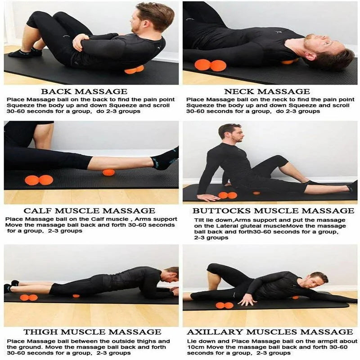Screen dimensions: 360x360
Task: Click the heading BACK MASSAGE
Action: coord(84,91)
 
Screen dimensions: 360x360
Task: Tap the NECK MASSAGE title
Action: coord(267,91)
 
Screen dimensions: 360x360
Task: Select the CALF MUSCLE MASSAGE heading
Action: coord(89,211)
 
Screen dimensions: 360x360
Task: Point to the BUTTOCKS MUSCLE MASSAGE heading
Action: coord(273,211)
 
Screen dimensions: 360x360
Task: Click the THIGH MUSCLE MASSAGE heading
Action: coord(92,332)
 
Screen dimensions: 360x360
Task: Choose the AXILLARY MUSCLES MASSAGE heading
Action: coord(270,332)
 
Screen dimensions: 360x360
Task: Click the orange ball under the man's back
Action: coord(134,70)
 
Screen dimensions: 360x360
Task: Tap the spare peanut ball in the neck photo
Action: coord(210,65)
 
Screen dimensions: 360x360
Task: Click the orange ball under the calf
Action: coord(108,173)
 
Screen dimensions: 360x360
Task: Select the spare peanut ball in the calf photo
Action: coord(39,180)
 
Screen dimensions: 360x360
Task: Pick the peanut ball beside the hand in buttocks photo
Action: coord(228,195)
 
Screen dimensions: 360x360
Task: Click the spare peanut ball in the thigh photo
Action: coord(29,297)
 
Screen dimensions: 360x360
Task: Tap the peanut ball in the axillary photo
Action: coord(224,306)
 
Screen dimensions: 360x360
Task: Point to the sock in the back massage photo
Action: coord(25,53)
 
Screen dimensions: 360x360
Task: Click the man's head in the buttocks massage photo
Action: coord(230,132)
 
